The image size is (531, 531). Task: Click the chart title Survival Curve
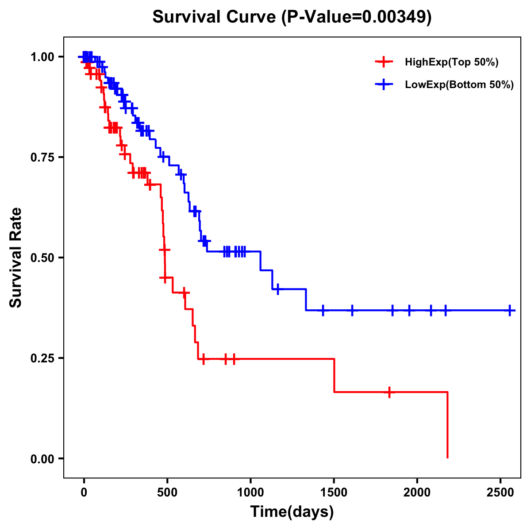click(215, 17)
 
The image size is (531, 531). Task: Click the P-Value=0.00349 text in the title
click(358, 17)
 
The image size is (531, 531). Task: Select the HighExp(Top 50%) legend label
click(451, 62)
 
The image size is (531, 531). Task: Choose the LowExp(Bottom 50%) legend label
click(459, 85)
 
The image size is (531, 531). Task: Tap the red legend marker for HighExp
click(384, 62)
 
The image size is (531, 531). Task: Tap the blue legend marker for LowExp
click(384, 85)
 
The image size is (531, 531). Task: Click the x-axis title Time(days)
click(292, 512)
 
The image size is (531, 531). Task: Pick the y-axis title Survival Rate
click(16, 258)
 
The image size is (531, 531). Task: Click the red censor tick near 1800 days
click(389, 392)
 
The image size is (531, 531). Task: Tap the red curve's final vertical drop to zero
click(447, 425)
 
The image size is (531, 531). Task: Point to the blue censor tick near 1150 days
click(277, 289)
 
